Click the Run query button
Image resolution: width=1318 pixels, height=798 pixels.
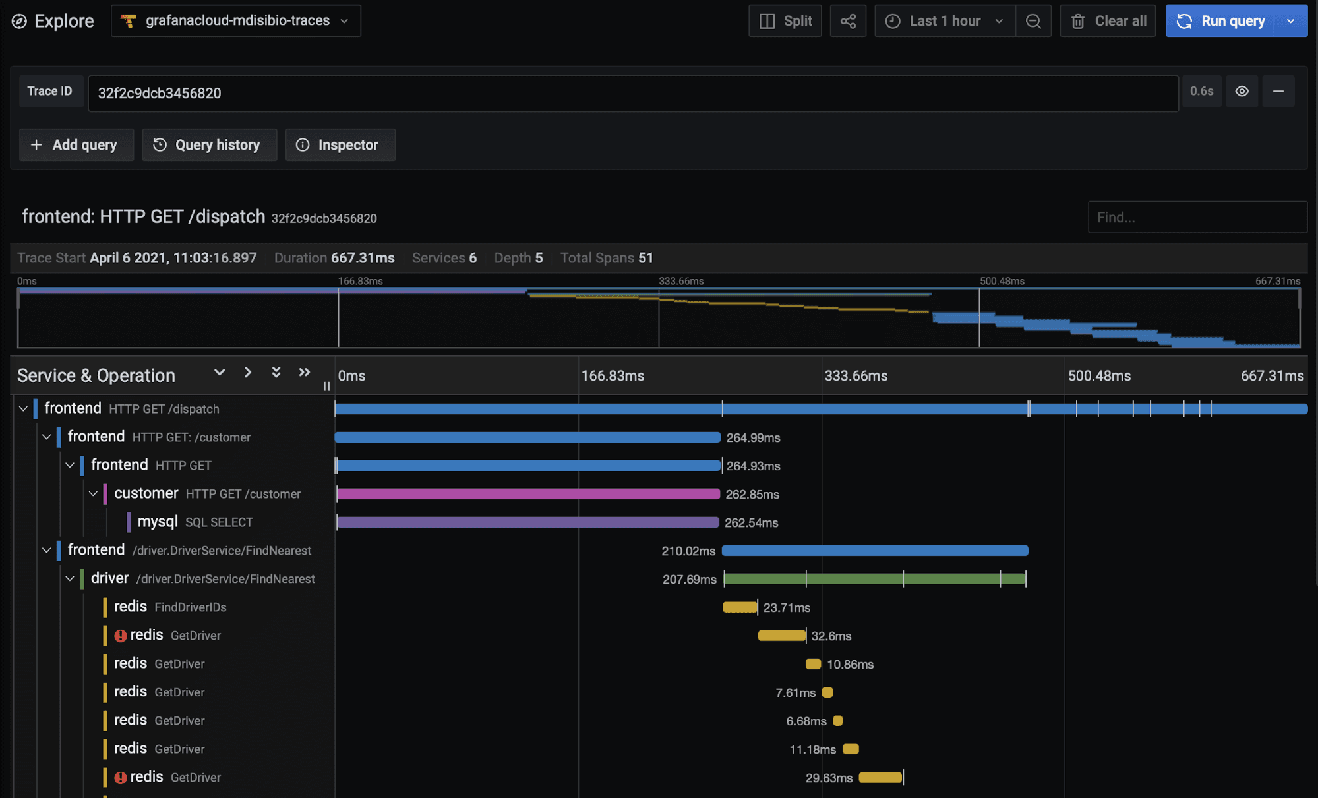pos(1221,21)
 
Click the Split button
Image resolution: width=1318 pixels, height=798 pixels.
pos(785,21)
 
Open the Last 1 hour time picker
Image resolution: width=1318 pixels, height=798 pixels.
pos(945,21)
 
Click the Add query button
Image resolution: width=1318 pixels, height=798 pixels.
pos(76,145)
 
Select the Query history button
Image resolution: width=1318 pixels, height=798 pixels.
pos(209,145)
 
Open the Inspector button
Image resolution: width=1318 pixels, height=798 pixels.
pos(340,145)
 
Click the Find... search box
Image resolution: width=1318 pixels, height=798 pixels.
pos(1196,218)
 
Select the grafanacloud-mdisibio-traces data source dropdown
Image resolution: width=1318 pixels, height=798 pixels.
pos(235,21)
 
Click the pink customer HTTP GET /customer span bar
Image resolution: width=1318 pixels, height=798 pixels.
pos(527,494)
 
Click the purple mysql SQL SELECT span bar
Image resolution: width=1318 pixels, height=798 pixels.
pos(527,522)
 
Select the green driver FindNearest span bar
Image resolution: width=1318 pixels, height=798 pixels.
pos(874,579)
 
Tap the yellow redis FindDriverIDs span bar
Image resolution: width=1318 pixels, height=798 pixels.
pos(739,607)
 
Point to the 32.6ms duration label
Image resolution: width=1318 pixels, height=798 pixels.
pos(831,636)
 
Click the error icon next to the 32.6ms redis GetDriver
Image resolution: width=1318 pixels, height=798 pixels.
pos(121,636)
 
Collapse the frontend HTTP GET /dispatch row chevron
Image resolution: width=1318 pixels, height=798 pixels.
pos(23,409)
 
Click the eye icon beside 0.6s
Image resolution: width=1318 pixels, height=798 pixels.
pos(1242,92)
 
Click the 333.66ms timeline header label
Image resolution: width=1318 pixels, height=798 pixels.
pos(856,376)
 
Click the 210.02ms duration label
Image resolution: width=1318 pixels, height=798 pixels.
pos(688,551)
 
